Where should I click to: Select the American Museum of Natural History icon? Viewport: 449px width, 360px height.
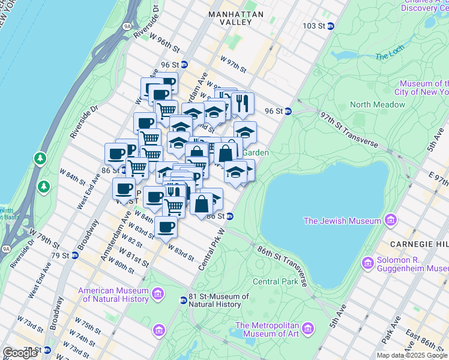point(157,294)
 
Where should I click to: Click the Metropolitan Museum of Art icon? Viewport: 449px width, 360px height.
point(308,328)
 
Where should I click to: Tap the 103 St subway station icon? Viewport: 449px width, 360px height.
point(330,26)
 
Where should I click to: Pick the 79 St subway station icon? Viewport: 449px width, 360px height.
point(75,255)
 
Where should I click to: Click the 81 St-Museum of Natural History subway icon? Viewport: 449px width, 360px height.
point(183,300)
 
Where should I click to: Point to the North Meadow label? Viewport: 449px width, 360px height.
point(377,104)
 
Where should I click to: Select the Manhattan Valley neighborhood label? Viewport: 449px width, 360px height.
point(236,17)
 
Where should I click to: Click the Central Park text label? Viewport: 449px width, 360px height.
point(275,281)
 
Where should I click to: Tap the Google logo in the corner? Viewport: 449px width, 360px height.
point(20,353)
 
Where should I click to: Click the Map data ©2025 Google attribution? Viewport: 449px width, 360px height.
point(411,355)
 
